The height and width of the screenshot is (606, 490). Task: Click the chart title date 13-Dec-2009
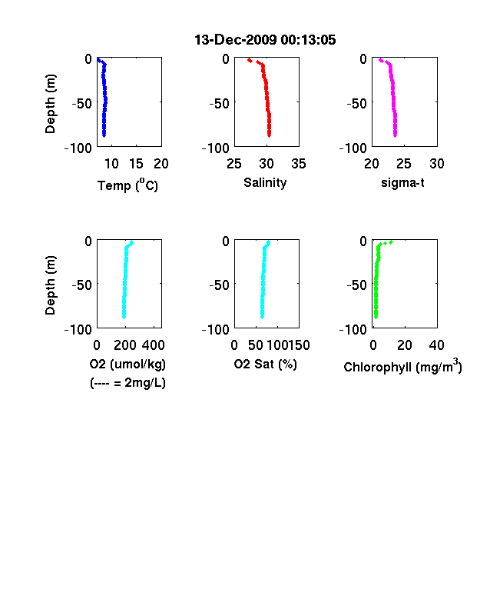[235, 40]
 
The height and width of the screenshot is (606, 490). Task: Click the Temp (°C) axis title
[127, 185]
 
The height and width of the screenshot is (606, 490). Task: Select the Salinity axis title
[265, 183]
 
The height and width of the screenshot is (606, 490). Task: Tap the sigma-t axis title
[402, 182]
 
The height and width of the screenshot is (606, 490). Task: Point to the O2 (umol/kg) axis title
[127, 364]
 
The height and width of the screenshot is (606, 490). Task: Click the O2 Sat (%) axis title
[266, 364]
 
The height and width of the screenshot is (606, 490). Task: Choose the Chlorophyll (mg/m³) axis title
[402, 366]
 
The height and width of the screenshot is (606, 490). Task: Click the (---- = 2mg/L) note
[127, 383]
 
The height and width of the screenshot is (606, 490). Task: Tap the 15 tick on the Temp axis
[136, 164]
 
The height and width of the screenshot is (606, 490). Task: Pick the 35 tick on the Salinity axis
[299, 164]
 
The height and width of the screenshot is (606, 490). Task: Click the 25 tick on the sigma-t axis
[403, 164]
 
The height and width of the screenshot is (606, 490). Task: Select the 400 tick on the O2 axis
[153, 345]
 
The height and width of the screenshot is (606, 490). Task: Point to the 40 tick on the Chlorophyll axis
[436, 345]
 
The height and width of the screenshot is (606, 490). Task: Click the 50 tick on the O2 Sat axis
[256, 345]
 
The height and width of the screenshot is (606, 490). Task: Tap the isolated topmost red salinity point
[250, 60]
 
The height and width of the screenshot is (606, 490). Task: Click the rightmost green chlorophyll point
[391, 242]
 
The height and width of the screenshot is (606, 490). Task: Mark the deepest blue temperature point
[104, 135]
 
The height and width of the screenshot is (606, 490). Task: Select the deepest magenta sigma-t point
[395, 135]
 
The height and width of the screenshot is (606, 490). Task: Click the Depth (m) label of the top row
[50, 104]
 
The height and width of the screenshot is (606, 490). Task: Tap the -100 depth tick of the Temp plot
[78, 148]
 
